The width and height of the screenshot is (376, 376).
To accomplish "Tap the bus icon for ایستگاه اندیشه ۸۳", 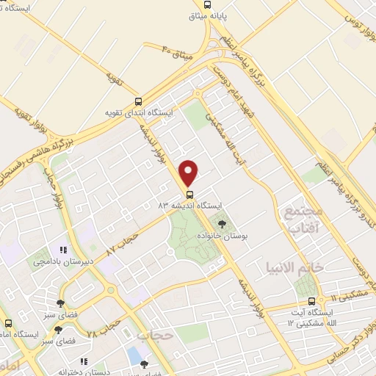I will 189,195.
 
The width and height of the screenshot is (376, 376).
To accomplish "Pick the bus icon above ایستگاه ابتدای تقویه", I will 138,102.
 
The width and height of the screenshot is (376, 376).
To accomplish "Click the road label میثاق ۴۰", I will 176,53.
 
